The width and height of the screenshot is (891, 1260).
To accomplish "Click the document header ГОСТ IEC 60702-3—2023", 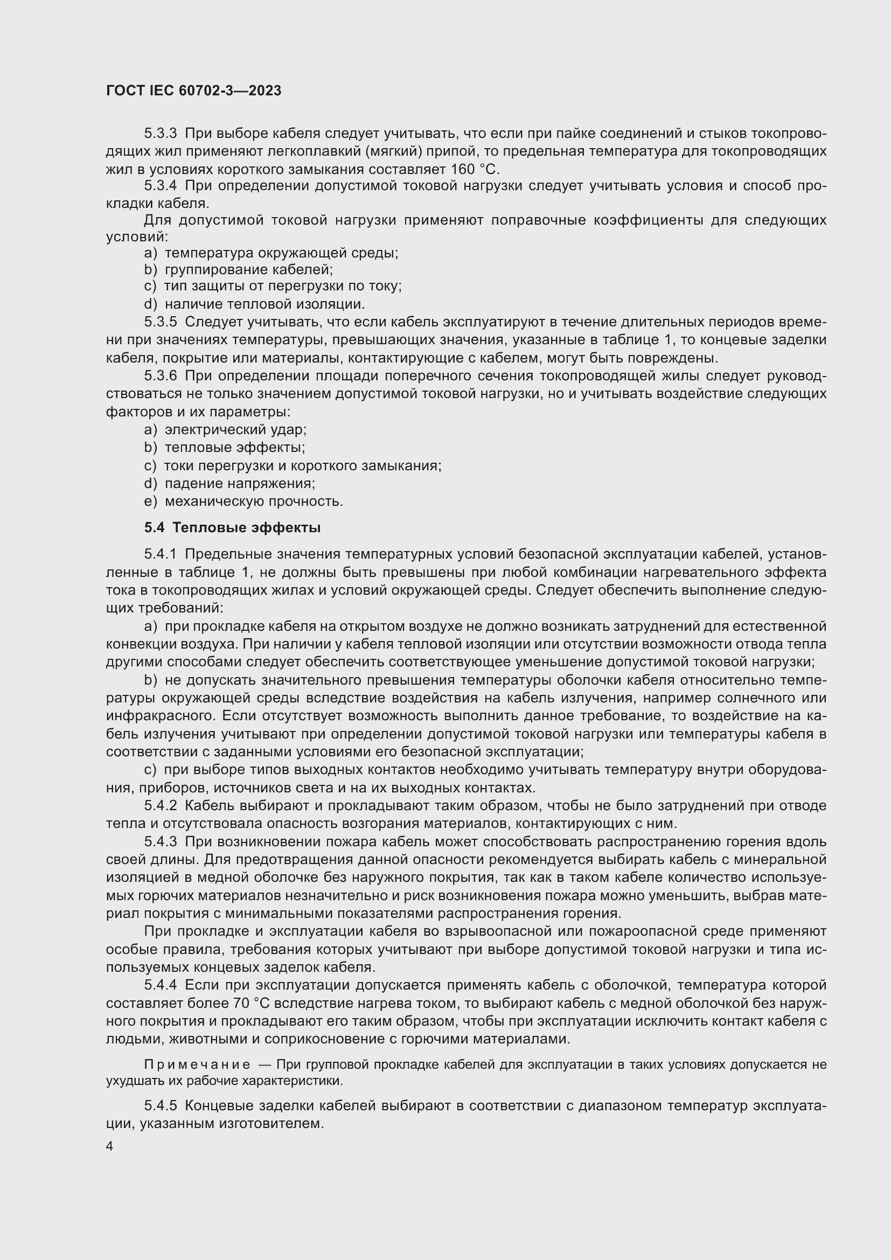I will [193, 91].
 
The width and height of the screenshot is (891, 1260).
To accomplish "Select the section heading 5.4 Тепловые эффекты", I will [233, 528].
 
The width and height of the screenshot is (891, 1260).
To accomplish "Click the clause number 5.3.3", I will [161, 134].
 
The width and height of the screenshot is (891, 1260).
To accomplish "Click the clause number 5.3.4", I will [161, 186].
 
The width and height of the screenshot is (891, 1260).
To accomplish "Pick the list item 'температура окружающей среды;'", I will [281, 253].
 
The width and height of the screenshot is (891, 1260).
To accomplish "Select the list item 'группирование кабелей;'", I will [248, 270].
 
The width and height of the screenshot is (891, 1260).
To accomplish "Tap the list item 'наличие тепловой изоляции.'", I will [265, 304].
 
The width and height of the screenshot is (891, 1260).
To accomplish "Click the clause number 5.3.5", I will [161, 322].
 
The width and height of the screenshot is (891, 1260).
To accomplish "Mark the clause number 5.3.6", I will [161, 376].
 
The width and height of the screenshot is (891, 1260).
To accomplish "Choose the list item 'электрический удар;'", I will [236, 430].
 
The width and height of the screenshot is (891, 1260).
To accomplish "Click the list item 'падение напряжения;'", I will [240, 483].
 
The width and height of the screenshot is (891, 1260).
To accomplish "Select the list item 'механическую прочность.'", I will [254, 502].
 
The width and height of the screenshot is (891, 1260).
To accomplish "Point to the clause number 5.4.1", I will [161, 555].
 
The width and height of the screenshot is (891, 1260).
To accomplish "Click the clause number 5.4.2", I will [161, 806].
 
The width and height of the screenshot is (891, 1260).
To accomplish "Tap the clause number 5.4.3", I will [161, 842].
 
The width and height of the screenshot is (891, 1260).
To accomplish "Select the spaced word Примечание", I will [197, 1065].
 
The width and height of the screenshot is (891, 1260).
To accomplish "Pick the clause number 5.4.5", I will [161, 1105].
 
